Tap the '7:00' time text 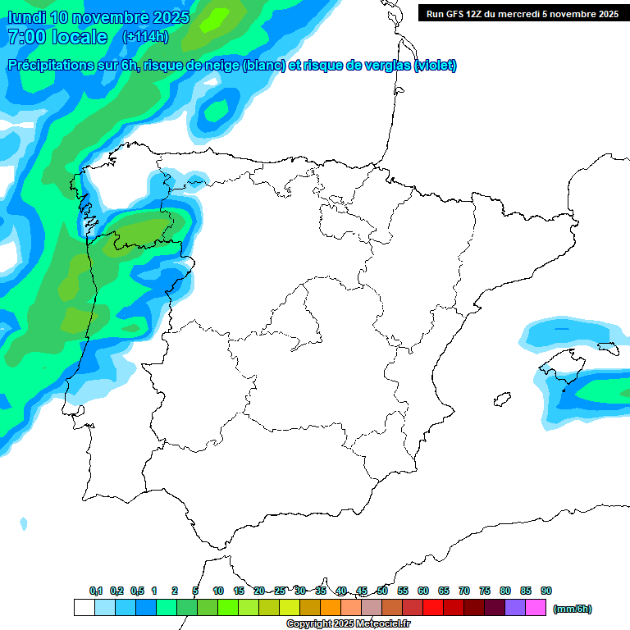pyautogui.click(x=28, y=37)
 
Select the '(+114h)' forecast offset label pyautogui.click(x=145, y=37)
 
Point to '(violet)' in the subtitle pyautogui.click(x=435, y=66)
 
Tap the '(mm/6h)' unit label pyautogui.click(x=572, y=609)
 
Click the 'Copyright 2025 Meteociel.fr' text pyautogui.click(x=348, y=624)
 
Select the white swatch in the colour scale pyautogui.click(x=84, y=608)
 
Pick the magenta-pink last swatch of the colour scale pyautogui.click(x=536, y=608)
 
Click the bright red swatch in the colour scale pyautogui.click(x=433, y=608)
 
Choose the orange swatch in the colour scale pyautogui.click(x=331, y=608)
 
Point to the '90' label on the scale pyautogui.click(x=546, y=591)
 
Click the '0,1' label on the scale pyautogui.click(x=96, y=591)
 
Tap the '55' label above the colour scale pyautogui.click(x=403, y=591)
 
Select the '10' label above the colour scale pyautogui.click(x=218, y=591)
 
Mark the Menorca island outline pyautogui.click(x=606, y=348)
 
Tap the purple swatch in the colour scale pyautogui.click(x=515, y=608)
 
